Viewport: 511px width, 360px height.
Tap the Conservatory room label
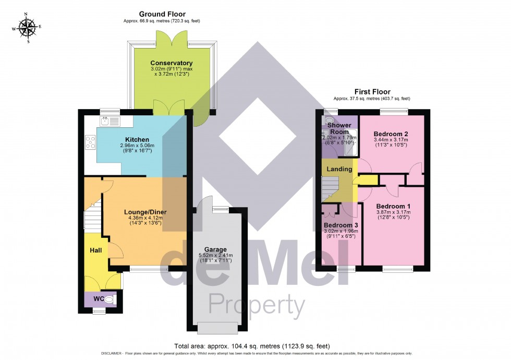[x=172, y=63]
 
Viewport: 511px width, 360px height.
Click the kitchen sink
[x=110, y=122]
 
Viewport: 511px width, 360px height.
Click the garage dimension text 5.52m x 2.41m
[x=215, y=256]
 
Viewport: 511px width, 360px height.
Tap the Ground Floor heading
[x=162, y=14]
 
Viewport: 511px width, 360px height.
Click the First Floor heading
[x=372, y=92]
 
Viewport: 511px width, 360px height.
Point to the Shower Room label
[x=339, y=128]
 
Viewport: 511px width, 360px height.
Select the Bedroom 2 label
[x=391, y=134]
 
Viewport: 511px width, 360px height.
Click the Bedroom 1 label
[x=393, y=206]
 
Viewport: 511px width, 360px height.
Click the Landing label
[x=339, y=169]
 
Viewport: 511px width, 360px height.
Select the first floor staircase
[x=330, y=188]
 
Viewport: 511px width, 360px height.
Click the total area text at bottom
[x=252, y=346]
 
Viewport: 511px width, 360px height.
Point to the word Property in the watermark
[x=257, y=305]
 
